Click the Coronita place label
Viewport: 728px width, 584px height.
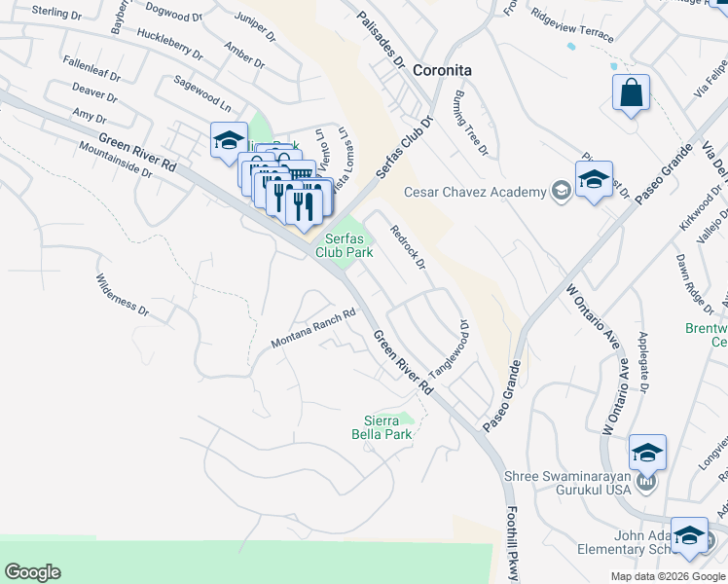pyautogui.click(x=442, y=70)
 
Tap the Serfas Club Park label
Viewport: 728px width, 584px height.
pyautogui.click(x=344, y=244)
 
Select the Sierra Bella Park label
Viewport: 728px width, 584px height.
pyautogui.click(x=382, y=427)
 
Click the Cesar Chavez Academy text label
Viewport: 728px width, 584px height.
pyautogui.click(x=476, y=192)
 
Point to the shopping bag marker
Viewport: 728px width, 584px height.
pyautogui.click(x=632, y=94)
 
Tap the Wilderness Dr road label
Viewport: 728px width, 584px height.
pyautogui.click(x=122, y=296)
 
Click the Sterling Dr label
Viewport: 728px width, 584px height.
pyautogui.click(x=56, y=13)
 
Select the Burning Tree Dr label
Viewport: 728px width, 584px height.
pyautogui.click(x=469, y=123)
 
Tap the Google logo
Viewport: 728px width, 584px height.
pyautogui.click(x=32, y=572)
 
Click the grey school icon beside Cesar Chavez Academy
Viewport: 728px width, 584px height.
pyautogui.click(x=561, y=191)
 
